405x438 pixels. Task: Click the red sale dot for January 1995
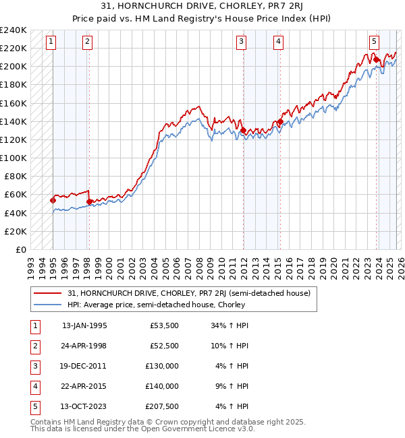click(53, 200)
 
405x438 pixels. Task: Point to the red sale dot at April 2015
click(279, 121)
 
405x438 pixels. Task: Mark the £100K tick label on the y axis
click(13, 158)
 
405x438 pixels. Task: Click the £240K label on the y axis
click(13, 30)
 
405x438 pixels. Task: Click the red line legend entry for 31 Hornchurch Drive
click(188, 293)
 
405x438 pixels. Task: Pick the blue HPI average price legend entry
click(156, 305)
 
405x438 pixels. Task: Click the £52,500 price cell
click(162, 346)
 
